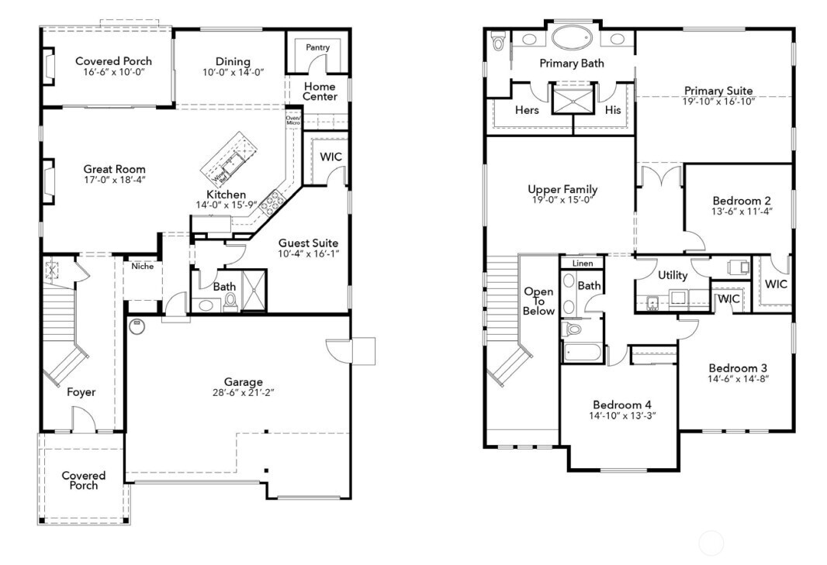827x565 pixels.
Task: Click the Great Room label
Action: (x=114, y=169)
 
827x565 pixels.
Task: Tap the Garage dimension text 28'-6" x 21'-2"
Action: (x=244, y=393)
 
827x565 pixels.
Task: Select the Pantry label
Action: (x=317, y=47)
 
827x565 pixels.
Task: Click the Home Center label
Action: (x=320, y=91)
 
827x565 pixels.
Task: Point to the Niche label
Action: (x=142, y=267)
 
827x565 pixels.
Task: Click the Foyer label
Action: (x=81, y=392)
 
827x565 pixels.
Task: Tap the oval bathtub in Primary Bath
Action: (x=573, y=38)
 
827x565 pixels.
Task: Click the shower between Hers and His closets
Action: (x=573, y=99)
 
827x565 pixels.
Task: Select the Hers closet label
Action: (x=527, y=110)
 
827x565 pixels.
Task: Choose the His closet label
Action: (x=613, y=110)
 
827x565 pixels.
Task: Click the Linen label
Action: (x=583, y=264)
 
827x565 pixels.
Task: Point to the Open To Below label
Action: (x=538, y=301)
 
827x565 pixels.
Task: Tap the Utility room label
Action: (x=672, y=275)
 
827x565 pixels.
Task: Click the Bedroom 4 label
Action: (x=622, y=405)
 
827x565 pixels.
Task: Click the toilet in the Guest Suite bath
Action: (x=230, y=303)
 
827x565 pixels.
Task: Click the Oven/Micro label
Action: (x=293, y=120)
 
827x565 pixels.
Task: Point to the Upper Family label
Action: (x=562, y=189)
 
